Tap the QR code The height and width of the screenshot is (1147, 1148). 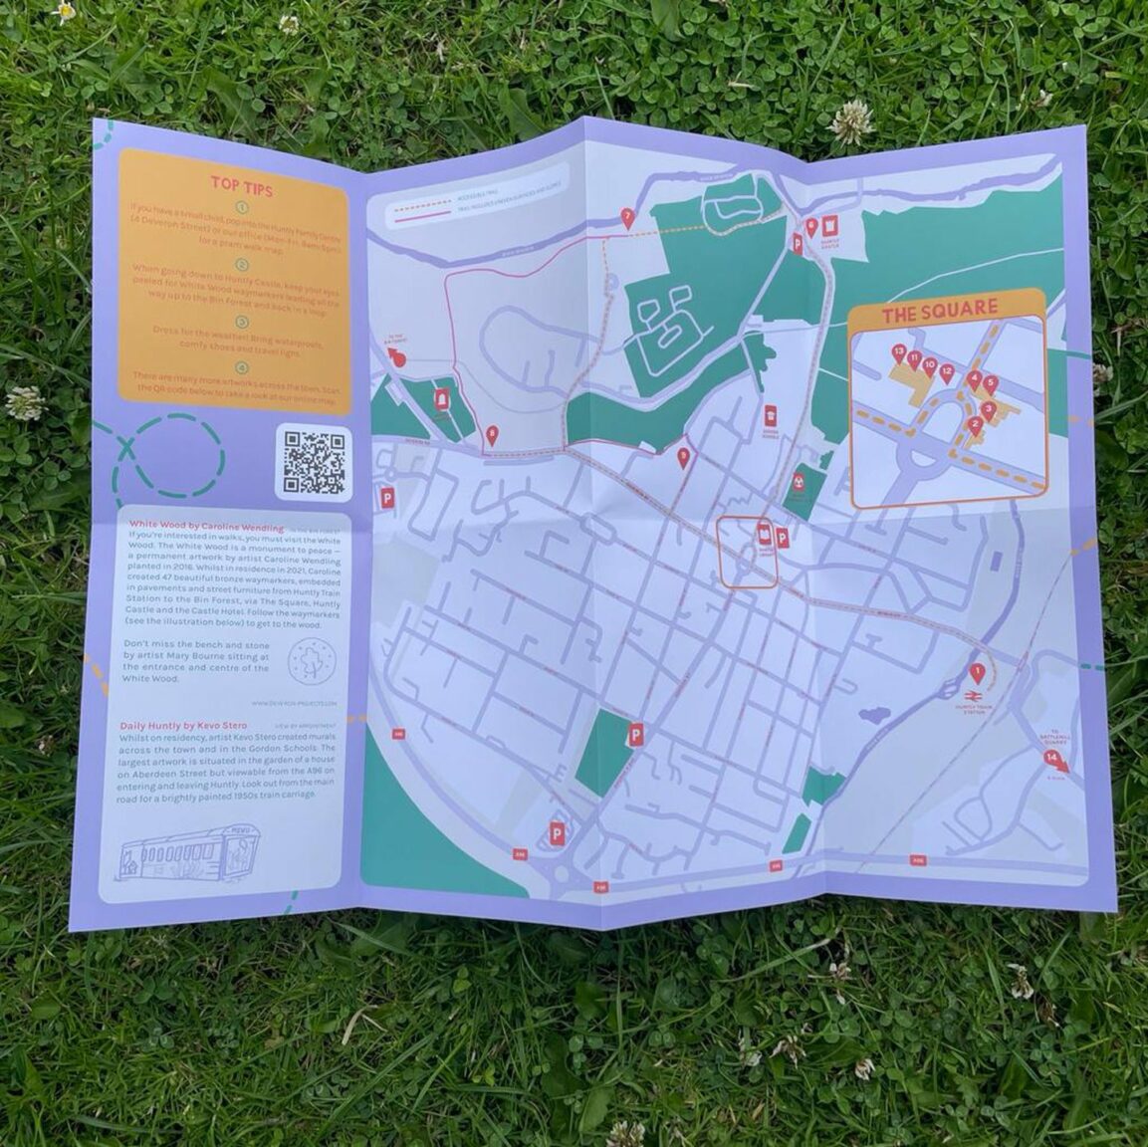313,461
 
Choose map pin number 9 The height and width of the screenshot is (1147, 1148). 682,457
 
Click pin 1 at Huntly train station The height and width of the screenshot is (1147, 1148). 978,673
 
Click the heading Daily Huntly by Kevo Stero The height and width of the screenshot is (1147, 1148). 183,726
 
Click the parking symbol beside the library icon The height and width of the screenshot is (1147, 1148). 783,539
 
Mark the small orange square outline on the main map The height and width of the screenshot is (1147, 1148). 747,553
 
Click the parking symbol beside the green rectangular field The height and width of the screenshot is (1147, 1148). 633,735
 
